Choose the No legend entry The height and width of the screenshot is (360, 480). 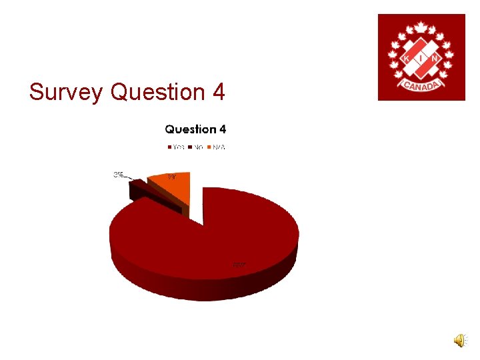197,147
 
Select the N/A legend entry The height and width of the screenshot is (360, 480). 217,147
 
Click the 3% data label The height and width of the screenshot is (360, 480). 118,175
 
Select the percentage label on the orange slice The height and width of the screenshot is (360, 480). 172,177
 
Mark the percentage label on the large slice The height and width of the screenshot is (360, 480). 238,265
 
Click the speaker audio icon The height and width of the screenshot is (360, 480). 461,341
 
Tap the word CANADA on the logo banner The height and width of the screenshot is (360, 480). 421,86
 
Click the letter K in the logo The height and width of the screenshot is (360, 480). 406,58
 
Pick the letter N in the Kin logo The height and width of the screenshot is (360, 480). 436,58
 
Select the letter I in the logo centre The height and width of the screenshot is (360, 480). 421,58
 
